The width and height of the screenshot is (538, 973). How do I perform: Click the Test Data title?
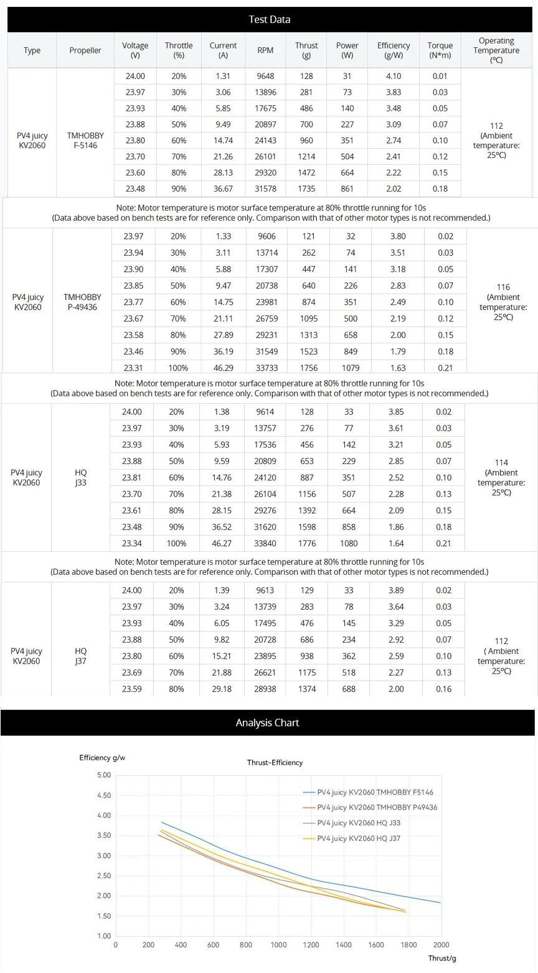tap(269, 19)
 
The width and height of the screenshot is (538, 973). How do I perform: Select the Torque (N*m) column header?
tap(440, 50)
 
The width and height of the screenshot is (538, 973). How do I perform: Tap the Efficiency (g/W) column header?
tap(393, 50)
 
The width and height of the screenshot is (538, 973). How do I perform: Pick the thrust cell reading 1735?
tap(306, 189)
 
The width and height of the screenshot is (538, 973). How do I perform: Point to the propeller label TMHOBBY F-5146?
tap(85, 140)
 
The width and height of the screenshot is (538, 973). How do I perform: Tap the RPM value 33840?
tap(265, 543)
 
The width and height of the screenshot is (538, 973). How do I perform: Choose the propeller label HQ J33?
tap(80, 477)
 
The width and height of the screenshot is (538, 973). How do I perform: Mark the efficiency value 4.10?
tap(393, 76)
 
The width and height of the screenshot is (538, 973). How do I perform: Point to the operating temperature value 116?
tap(503, 287)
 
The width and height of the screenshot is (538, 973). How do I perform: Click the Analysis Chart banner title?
tap(267, 723)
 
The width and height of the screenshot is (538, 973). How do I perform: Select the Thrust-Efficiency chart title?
tap(275, 762)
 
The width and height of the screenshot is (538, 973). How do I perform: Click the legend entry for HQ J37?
tap(359, 839)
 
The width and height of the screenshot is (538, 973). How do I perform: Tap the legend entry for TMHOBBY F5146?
tap(375, 792)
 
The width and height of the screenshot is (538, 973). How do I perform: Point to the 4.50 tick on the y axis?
tap(103, 795)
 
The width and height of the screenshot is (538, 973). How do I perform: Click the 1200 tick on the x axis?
tap(311, 945)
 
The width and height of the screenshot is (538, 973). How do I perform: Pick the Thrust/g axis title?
tap(442, 959)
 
